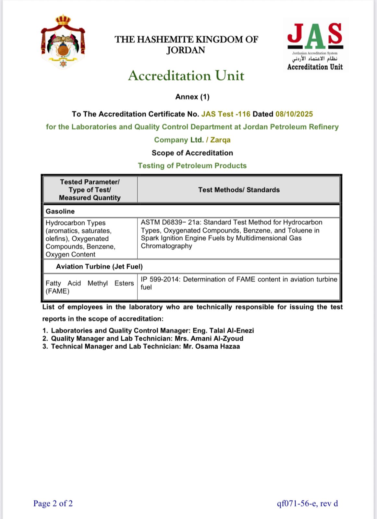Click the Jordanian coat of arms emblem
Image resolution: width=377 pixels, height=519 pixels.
(x=63, y=42)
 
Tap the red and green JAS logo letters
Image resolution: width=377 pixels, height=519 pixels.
(x=315, y=34)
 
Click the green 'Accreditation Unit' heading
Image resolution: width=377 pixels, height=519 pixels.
(x=186, y=76)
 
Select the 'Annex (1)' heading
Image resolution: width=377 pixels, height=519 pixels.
(x=192, y=97)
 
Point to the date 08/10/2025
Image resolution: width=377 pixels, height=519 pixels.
(x=294, y=114)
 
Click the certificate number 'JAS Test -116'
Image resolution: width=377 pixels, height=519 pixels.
(x=226, y=114)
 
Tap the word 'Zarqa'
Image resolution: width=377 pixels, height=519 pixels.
(x=220, y=140)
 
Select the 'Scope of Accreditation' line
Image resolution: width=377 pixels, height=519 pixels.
(x=192, y=153)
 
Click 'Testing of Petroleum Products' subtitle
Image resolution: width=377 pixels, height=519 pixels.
(x=192, y=166)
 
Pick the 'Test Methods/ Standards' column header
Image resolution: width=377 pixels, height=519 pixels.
(x=239, y=190)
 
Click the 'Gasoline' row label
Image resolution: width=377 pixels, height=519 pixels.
(x=60, y=211)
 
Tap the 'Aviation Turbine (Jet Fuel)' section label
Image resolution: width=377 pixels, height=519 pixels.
(x=99, y=267)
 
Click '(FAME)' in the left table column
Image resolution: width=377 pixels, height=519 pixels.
(x=57, y=291)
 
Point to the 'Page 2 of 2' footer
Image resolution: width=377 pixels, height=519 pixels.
(x=53, y=503)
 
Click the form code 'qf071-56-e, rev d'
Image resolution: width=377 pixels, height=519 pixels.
(x=307, y=503)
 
